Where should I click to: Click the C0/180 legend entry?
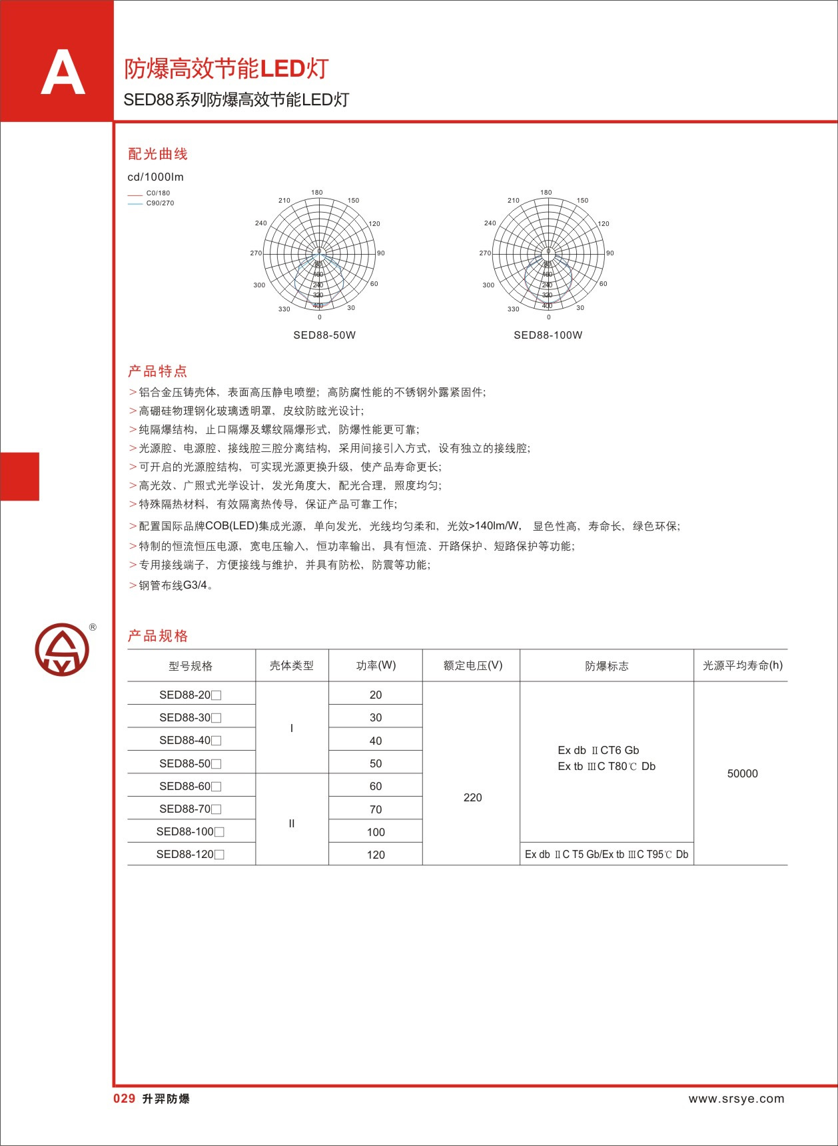[x=158, y=193]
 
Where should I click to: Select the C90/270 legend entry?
[x=160, y=203]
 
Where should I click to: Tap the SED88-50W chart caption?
[x=324, y=335]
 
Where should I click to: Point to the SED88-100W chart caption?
[x=548, y=335]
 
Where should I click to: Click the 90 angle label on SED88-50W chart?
[x=380, y=253]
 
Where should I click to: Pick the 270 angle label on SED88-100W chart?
[x=485, y=253]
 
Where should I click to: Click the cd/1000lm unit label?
[x=155, y=177]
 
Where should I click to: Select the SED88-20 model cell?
[x=190, y=695]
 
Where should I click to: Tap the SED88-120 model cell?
[x=190, y=854]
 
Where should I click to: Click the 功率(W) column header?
[x=376, y=665]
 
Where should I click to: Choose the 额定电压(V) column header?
[x=472, y=665]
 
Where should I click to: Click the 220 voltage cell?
[x=472, y=797]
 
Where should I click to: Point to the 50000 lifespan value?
[x=742, y=773]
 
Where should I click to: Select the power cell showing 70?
[x=376, y=809]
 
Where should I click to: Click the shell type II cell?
[x=291, y=823]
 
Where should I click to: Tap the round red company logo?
[x=62, y=649]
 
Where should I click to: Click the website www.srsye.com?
[x=736, y=1099]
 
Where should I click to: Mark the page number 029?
[x=124, y=1099]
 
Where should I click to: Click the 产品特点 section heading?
[x=158, y=371]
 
